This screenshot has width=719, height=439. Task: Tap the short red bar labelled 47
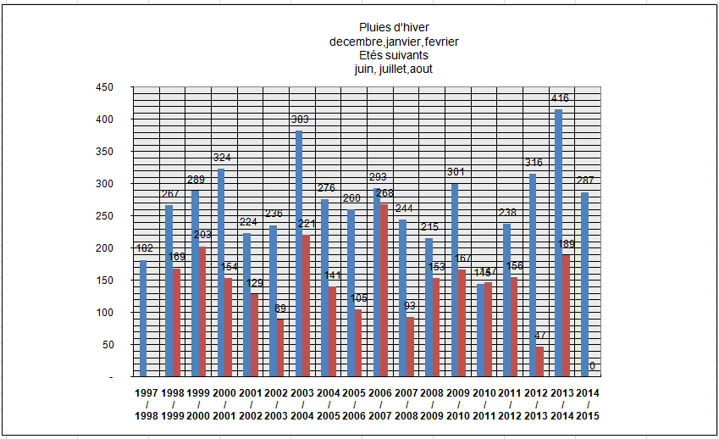(x=540, y=361)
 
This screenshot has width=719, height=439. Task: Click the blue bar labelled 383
(x=299, y=253)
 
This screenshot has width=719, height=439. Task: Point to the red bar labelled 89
(x=279, y=347)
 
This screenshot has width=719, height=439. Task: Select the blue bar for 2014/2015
(x=584, y=284)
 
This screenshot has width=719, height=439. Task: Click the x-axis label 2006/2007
(x=380, y=405)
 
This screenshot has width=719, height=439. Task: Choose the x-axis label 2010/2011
(x=484, y=405)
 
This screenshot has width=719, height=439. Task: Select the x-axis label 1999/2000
(x=198, y=405)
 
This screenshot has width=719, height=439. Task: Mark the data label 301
(x=457, y=173)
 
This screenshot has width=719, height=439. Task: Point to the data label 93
(x=411, y=306)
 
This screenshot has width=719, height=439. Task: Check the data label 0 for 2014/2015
(x=592, y=366)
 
